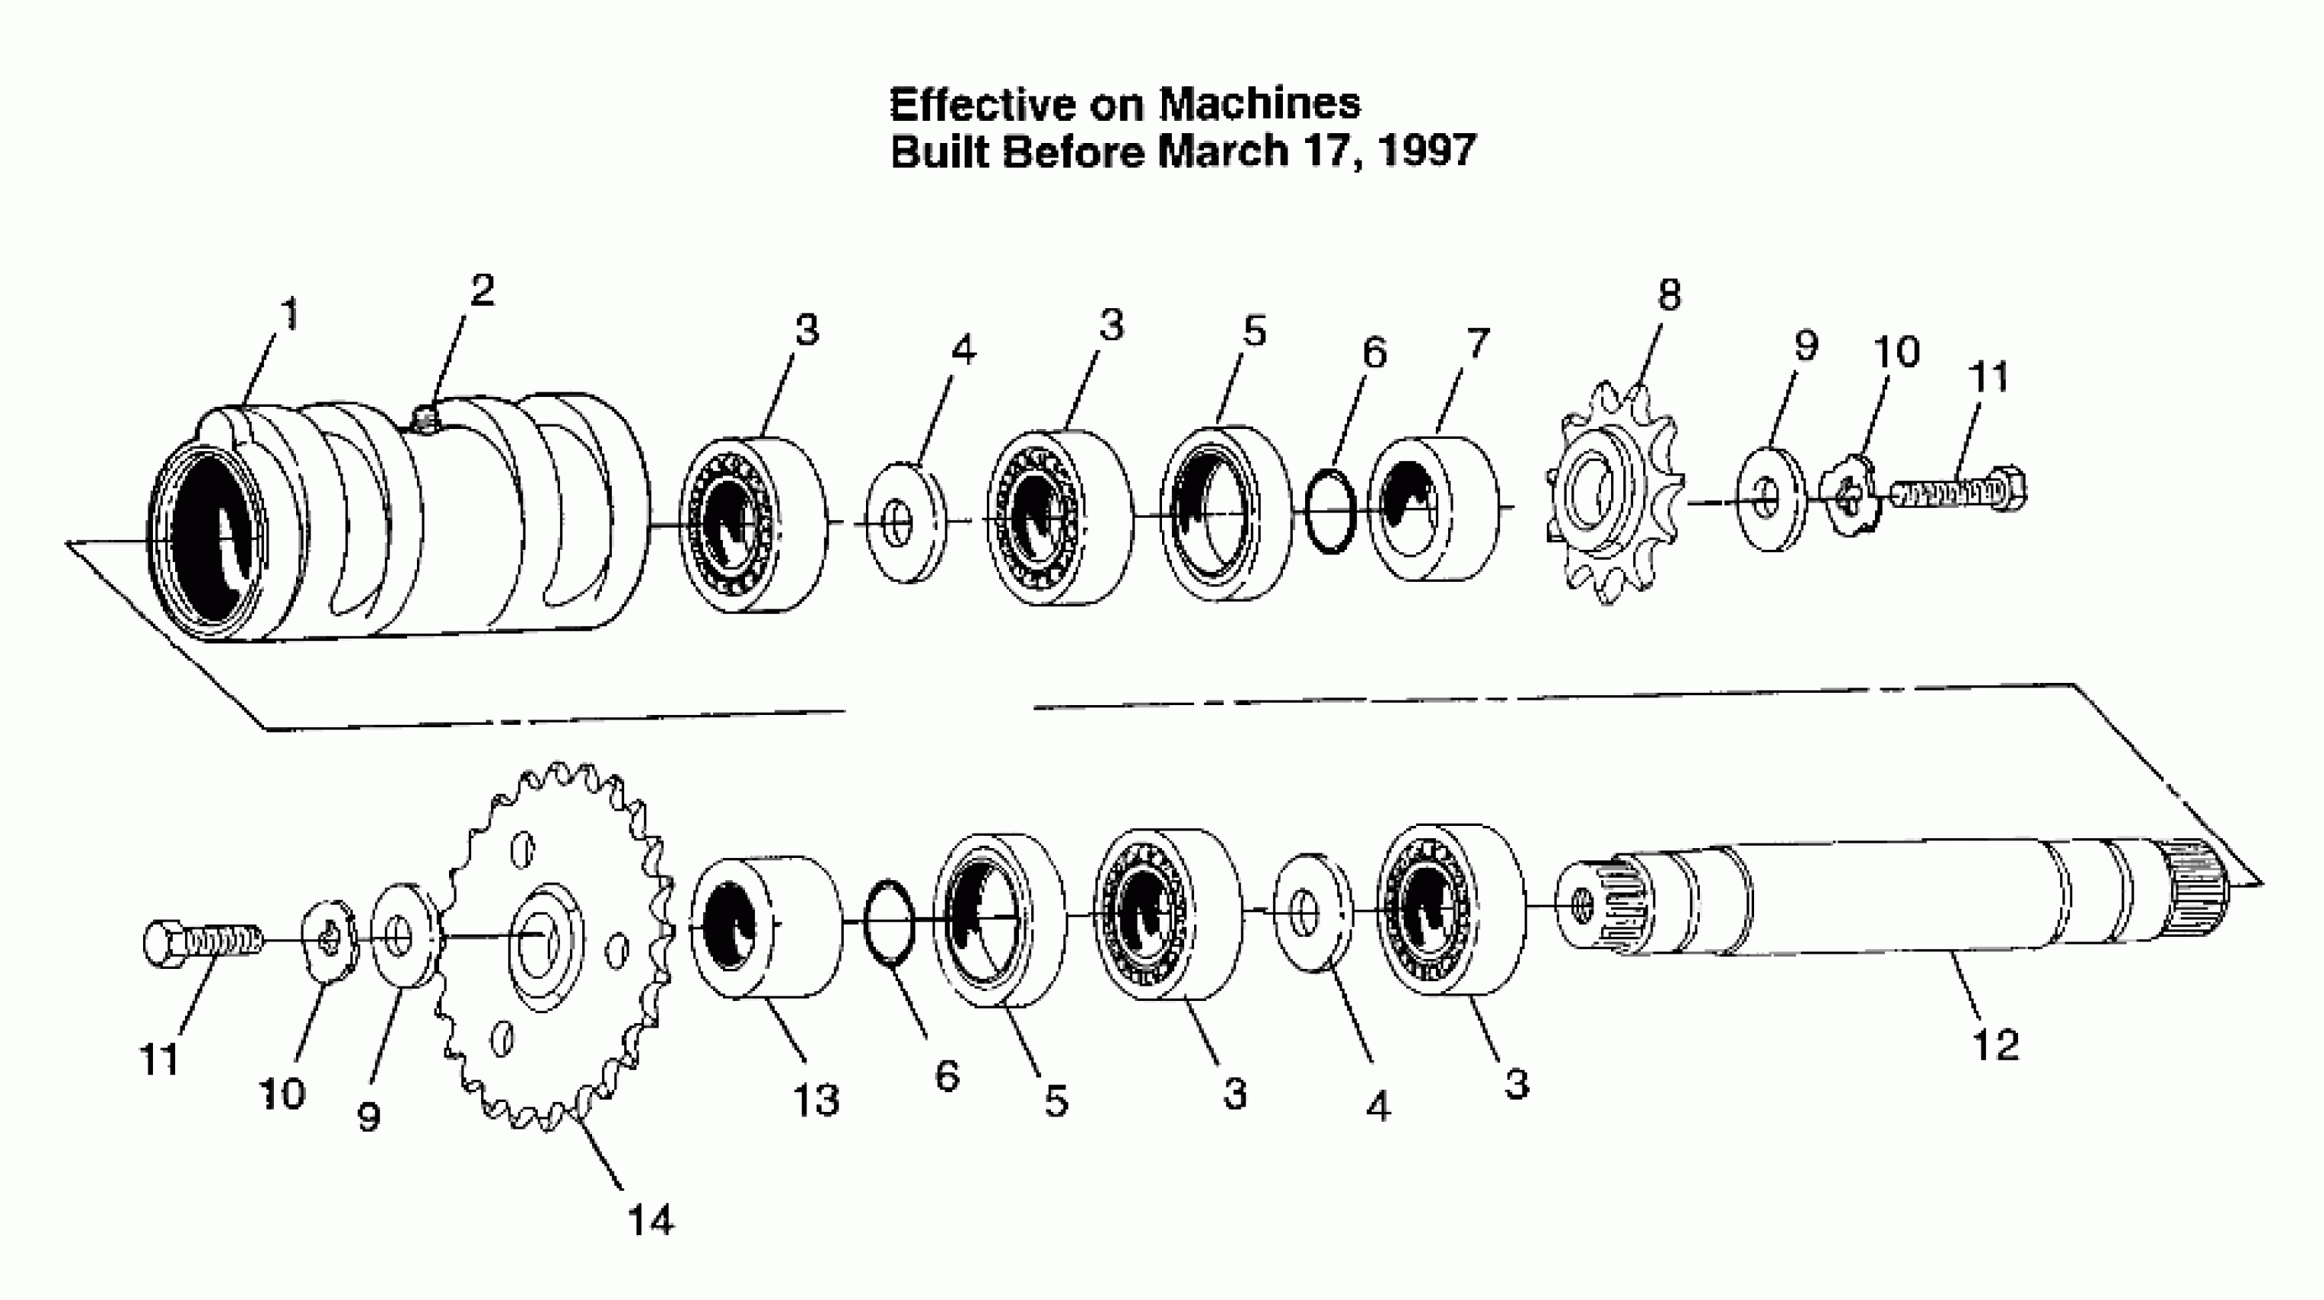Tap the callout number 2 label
pyautogui.click(x=483, y=291)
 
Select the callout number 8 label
pyautogui.click(x=1669, y=295)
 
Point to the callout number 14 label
pyautogui.click(x=650, y=1220)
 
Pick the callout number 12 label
pyautogui.click(x=1995, y=1045)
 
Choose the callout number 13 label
pyautogui.click(x=815, y=1100)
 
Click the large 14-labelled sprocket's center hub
pyautogui.click(x=544, y=938)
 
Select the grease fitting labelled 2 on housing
pyautogui.click(x=424, y=417)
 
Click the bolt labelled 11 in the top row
pyautogui.click(x=1958, y=491)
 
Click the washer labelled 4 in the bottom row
pyautogui.click(x=1312, y=912)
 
